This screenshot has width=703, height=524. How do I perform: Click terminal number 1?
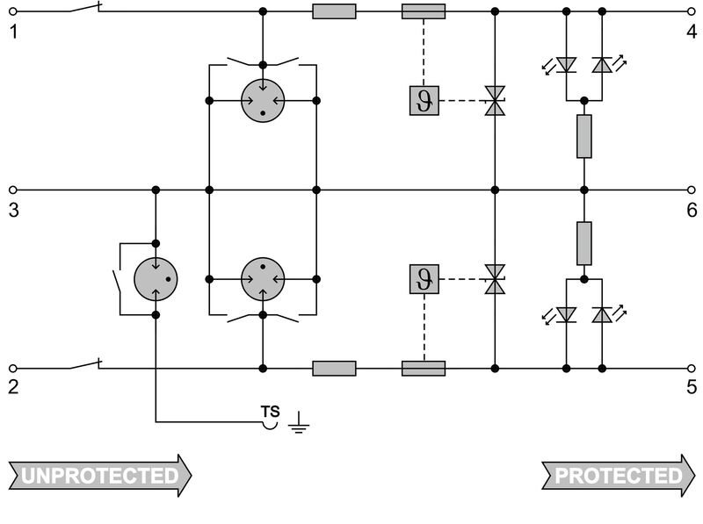[x=12, y=33]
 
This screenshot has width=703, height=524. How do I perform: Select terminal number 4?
[x=692, y=33]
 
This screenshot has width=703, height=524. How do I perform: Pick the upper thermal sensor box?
[x=424, y=102]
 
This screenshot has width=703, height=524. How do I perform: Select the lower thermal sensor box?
[x=424, y=279]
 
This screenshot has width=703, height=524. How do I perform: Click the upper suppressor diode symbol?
[x=496, y=102]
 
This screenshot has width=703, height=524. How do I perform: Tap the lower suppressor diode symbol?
[x=496, y=279]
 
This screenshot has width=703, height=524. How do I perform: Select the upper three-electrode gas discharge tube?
[x=263, y=102]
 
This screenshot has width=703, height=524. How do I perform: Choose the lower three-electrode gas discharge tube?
[x=263, y=279]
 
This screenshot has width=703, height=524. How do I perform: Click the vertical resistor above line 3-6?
[x=584, y=136]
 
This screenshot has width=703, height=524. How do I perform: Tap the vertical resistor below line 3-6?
[x=584, y=243]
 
